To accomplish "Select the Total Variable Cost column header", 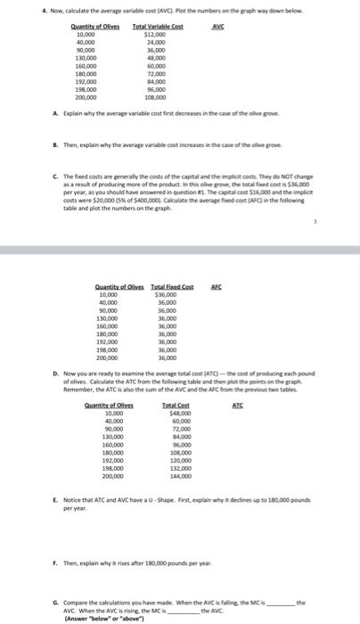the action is pyautogui.click(x=157, y=28).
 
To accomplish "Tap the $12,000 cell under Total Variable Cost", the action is pyautogui.click(x=157, y=35).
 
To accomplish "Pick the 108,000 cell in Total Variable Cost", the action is pyautogui.click(x=157, y=98).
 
